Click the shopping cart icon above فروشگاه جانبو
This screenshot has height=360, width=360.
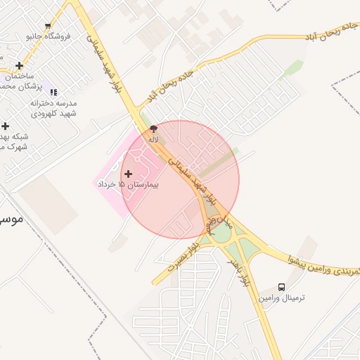(48, 26)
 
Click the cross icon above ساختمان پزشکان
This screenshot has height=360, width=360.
(19, 65)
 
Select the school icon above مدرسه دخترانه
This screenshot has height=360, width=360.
(53, 92)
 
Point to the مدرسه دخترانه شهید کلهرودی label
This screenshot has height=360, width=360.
(53, 108)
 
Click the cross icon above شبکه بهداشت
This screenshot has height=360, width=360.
(5, 126)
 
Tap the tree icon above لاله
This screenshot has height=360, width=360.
(153, 129)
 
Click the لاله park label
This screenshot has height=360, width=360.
(153, 139)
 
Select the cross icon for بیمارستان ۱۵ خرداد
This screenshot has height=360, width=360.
(128, 173)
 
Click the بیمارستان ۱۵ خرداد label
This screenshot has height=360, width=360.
(128, 184)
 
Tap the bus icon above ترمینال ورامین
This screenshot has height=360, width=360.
(281, 287)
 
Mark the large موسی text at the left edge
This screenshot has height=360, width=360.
(11, 219)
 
